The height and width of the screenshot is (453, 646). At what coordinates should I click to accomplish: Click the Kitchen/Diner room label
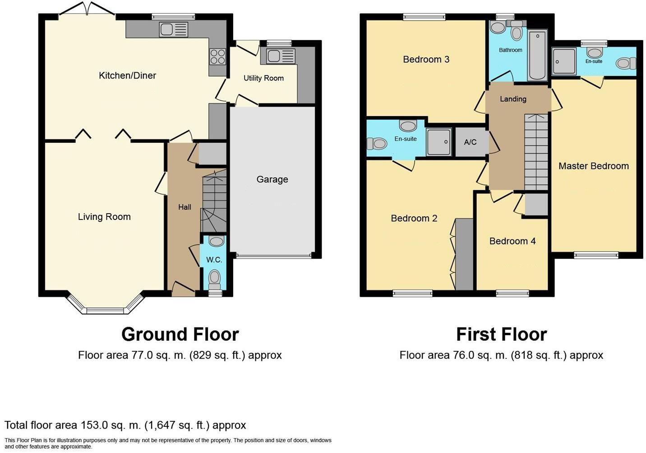click(x=127, y=75)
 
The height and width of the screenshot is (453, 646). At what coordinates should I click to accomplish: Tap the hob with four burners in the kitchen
click(x=217, y=57)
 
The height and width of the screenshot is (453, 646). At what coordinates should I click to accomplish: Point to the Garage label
click(x=272, y=179)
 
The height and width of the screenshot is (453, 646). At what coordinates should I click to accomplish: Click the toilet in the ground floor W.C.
click(x=215, y=278)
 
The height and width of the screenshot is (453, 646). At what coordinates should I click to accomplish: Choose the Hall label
click(x=185, y=207)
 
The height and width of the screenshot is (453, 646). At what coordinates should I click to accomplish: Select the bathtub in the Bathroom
click(x=537, y=55)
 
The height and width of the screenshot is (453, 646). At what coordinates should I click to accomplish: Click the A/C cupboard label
click(x=470, y=142)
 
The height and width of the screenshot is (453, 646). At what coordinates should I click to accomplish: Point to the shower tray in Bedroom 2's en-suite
click(x=438, y=142)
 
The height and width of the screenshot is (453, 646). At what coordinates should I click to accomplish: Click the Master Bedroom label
click(x=593, y=166)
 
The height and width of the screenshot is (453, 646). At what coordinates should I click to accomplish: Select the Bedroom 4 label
click(x=512, y=241)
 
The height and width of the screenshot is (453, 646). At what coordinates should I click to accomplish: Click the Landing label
click(x=513, y=99)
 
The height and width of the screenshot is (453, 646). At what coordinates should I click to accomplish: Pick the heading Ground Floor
click(x=180, y=335)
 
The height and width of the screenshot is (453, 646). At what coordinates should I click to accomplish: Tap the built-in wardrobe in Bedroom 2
click(x=464, y=254)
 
